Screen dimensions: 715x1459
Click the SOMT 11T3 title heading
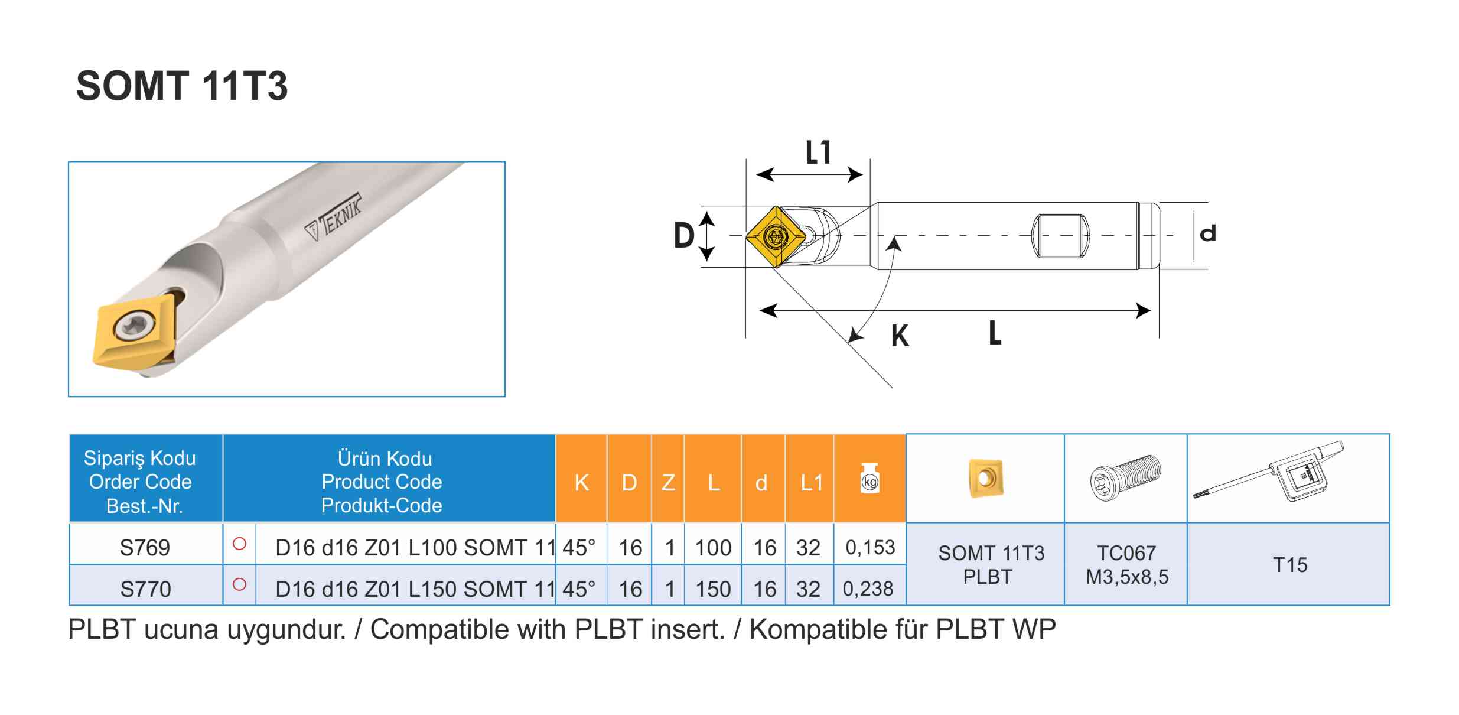[182, 86]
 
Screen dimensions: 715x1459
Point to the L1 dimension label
[818, 152]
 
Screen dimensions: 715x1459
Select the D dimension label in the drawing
[684, 235]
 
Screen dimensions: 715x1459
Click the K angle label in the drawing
[900, 336]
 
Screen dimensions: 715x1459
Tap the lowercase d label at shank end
[1208, 233]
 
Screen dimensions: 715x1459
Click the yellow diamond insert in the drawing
[776, 236]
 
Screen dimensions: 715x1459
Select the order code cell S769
[145, 548]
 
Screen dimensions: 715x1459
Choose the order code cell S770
[145, 589]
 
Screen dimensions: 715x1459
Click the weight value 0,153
[870, 547]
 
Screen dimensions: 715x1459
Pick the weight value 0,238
[868, 589]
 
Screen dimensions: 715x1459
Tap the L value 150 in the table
[713, 589]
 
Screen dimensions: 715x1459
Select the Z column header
[668, 483]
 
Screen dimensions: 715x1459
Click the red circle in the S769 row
[239, 544]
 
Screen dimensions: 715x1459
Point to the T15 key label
[1289, 565]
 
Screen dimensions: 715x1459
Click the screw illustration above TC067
[1125, 477]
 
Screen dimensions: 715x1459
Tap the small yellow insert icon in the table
[985, 478]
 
